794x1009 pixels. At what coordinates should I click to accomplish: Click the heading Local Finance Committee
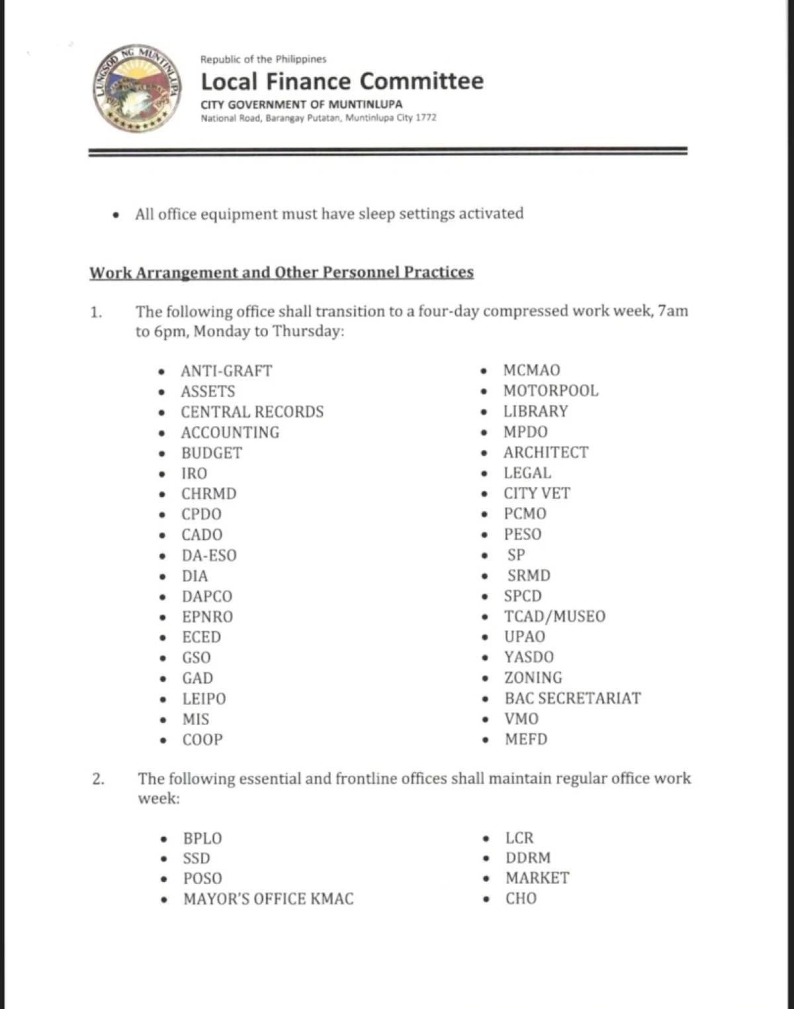(342, 81)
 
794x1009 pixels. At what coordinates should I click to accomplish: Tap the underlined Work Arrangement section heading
(281, 273)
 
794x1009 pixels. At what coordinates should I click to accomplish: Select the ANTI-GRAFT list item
(226, 371)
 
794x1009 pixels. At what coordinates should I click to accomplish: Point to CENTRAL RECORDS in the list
(252, 412)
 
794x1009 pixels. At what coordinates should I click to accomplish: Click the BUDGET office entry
(212, 453)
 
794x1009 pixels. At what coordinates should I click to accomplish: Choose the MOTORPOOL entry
(551, 391)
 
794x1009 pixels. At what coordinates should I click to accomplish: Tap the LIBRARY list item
(535, 412)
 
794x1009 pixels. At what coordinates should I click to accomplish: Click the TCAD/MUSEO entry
(554, 617)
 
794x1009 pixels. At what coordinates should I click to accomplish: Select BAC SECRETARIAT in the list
(572, 699)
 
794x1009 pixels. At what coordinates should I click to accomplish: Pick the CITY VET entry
(537, 494)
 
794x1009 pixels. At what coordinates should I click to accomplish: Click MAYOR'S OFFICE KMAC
(268, 899)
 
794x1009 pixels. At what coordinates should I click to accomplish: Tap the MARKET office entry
(537, 878)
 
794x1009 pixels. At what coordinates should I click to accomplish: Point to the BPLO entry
(202, 838)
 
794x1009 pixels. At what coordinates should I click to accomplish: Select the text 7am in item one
(673, 311)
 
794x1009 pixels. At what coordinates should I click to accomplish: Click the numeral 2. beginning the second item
(98, 779)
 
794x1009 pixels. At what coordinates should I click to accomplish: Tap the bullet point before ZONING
(486, 678)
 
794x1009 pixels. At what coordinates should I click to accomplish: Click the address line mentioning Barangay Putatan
(318, 118)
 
